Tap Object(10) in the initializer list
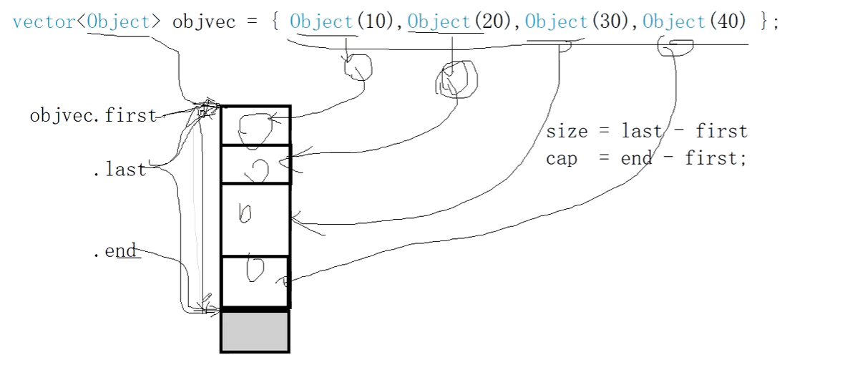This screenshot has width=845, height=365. (x=341, y=21)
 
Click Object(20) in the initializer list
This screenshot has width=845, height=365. (x=459, y=21)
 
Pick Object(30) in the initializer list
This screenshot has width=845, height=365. (x=577, y=21)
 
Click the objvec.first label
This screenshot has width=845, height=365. (x=92, y=116)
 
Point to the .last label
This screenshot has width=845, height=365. (x=119, y=170)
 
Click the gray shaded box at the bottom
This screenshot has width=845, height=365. (x=255, y=331)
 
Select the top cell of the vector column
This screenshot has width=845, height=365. (x=255, y=126)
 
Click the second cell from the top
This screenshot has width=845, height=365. (x=255, y=165)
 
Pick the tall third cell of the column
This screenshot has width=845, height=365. (x=255, y=220)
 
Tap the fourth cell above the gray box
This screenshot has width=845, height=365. (x=255, y=281)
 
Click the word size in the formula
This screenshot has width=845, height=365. (x=567, y=132)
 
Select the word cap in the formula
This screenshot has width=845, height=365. (x=562, y=158)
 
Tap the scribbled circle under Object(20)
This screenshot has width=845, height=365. (x=455, y=78)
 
